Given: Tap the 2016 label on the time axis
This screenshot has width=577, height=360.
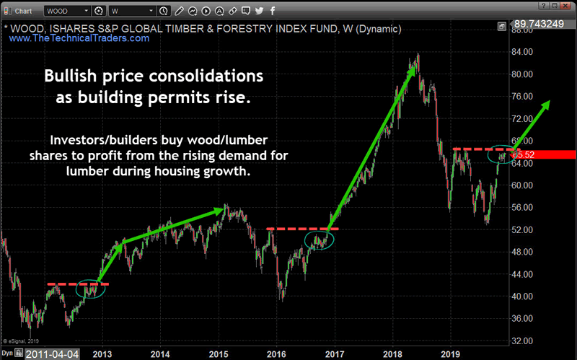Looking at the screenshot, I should [275, 354].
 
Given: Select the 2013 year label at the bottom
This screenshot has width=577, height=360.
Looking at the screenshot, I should [102, 354].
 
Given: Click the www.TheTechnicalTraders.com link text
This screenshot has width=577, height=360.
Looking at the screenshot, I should [79, 38].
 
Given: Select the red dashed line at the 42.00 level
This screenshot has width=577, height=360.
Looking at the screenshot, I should [78, 284].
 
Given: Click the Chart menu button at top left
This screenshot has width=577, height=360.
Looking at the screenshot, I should [22, 12].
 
